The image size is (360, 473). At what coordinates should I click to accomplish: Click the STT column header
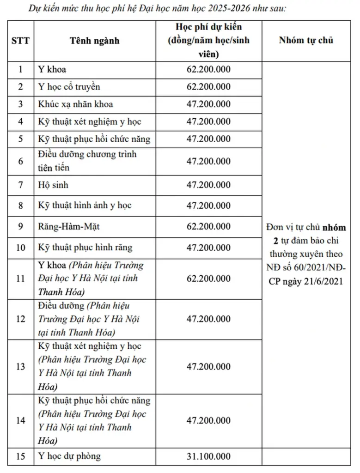[20, 40]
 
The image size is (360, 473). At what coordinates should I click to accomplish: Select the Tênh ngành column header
[94, 40]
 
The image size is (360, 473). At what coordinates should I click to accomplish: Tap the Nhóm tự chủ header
[306, 40]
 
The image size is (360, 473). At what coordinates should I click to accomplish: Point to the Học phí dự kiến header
[208, 40]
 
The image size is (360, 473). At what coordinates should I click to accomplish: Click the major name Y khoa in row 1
[52, 69]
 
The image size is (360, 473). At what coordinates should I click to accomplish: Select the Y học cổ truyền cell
[69, 86]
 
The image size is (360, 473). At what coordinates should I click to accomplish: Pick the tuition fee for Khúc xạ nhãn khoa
[208, 104]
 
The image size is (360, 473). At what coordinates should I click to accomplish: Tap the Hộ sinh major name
[53, 185]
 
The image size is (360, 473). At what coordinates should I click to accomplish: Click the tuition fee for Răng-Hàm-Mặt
[208, 226]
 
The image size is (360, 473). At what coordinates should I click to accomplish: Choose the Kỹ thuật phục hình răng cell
[85, 247]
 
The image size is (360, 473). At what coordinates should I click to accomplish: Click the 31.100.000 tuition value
[208, 456]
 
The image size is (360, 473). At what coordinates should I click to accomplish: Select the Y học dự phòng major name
[69, 456]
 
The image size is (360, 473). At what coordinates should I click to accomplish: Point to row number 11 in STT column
[20, 279]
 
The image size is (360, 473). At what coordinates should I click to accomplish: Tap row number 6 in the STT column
[20, 161]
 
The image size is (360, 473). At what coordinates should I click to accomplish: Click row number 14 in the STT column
[20, 420]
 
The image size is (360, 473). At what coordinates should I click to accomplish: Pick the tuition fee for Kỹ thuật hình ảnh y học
[208, 206]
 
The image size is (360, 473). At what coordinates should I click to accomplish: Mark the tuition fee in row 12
[208, 319]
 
